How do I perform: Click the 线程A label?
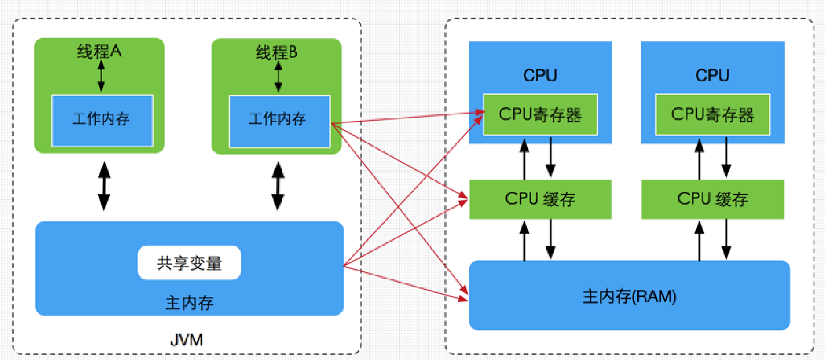99,51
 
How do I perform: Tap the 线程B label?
276,52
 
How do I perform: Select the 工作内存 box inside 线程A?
103,121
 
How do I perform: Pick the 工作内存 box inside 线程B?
279,121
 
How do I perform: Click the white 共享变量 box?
189,263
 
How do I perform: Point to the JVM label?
187,340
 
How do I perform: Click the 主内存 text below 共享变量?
189,303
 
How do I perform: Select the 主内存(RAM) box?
629,295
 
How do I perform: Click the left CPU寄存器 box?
540,114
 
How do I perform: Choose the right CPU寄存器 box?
712,114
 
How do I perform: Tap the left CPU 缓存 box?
540,199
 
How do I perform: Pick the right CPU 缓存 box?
712,199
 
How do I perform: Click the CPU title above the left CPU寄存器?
540,75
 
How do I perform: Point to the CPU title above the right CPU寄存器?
712,75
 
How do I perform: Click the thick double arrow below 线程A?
104,186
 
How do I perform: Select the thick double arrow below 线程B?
278,186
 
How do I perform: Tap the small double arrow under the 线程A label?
101,76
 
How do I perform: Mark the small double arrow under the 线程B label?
278,77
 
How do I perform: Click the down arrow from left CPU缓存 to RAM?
550,239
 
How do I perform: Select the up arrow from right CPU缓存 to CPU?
699,160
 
